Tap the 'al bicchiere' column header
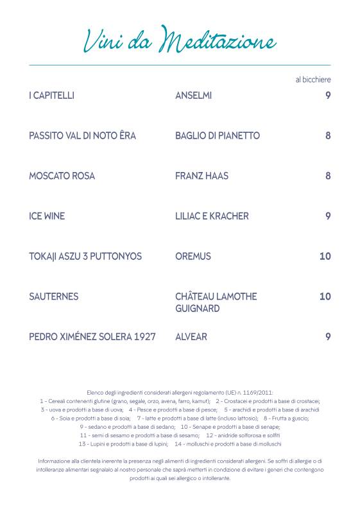[313, 80]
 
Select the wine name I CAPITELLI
[52, 96]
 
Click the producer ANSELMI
[193, 96]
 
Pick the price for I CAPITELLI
[327, 96]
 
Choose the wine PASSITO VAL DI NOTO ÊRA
[82, 136]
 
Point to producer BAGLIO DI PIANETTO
[217, 136]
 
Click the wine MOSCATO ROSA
[62, 176]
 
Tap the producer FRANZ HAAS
[201, 176]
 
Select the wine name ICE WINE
[47, 216]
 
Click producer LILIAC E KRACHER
[212, 216]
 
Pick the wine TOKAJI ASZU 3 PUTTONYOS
[85, 256]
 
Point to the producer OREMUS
[193, 256]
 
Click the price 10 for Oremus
[325, 256]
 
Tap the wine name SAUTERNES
[54, 297]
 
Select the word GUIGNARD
[197, 309]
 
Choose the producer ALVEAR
[191, 336]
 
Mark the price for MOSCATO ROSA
[327, 176]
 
